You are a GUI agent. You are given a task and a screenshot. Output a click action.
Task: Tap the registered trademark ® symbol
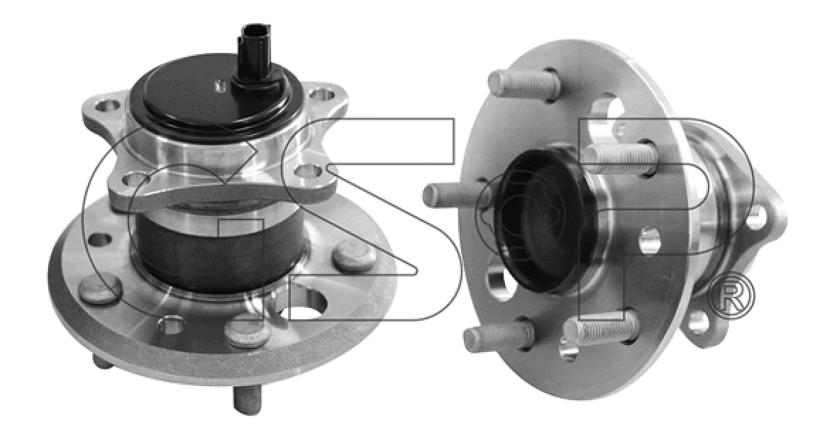[x=732, y=295]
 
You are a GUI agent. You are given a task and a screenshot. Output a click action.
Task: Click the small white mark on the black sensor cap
[x=219, y=86]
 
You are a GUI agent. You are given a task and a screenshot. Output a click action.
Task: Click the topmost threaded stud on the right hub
[x=525, y=85]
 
